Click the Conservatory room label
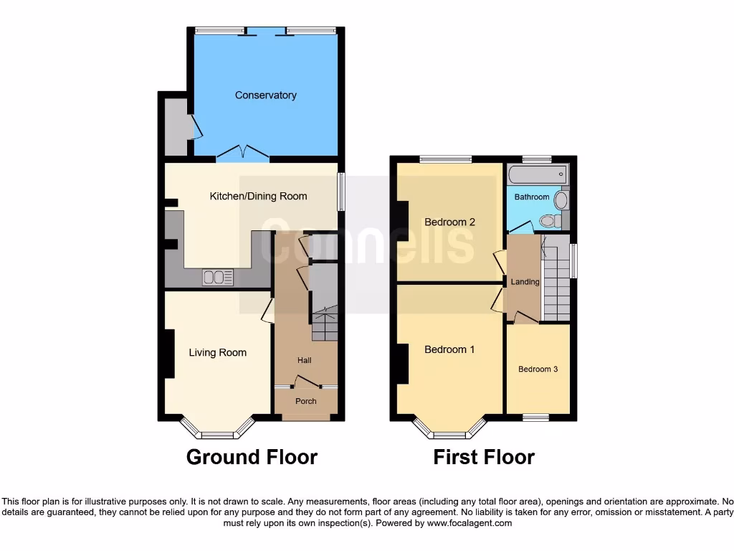click(x=265, y=95)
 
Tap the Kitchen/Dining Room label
click(x=258, y=196)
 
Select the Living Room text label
click(x=217, y=352)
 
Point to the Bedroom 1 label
click(x=449, y=349)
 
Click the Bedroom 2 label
click(x=449, y=222)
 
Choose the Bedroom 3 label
click(x=538, y=369)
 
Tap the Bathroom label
click(x=531, y=197)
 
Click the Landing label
click(x=525, y=282)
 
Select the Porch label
click(x=306, y=401)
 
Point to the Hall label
click(x=305, y=359)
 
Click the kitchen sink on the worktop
click(x=218, y=276)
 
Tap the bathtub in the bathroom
click(x=537, y=174)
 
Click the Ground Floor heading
click(x=252, y=457)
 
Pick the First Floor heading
click(x=484, y=457)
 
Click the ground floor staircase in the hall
click(x=324, y=324)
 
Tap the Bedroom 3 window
click(x=536, y=416)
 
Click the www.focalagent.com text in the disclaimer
click(x=470, y=523)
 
